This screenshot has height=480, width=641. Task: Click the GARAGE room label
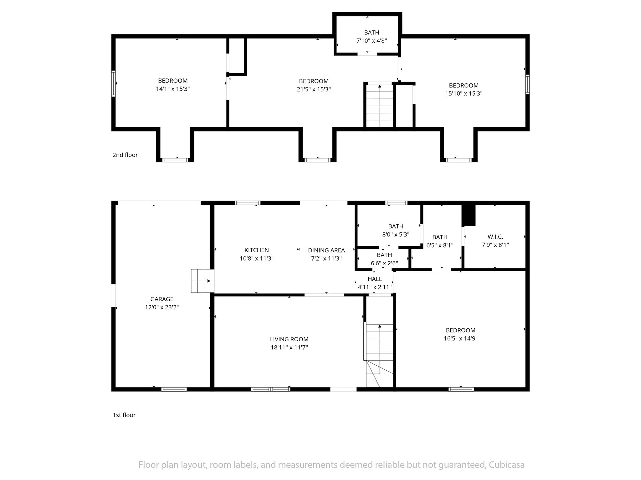(162, 299)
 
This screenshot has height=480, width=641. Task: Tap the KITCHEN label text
(257, 250)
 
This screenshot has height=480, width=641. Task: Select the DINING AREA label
(326, 250)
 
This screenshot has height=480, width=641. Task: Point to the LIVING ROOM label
(289, 339)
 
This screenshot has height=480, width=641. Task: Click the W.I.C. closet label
(495, 237)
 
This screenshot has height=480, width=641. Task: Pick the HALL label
(375, 279)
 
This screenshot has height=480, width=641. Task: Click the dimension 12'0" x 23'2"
(162, 307)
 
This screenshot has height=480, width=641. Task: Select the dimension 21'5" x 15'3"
(314, 89)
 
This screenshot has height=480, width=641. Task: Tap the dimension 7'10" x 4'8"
(372, 41)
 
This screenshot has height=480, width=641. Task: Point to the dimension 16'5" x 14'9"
(460, 338)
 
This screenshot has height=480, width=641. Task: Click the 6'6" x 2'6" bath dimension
(384, 263)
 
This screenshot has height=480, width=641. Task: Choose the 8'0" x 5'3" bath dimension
(396, 234)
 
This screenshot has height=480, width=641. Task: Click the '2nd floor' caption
(125, 155)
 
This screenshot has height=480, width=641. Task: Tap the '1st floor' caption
(124, 415)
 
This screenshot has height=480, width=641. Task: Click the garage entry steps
(201, 281)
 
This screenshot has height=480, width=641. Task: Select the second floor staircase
(380, 105)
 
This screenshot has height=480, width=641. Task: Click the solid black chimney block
(469, 215)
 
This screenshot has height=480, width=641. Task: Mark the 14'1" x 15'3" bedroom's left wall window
(114, 83)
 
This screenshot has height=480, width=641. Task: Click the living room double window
(270, 389)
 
